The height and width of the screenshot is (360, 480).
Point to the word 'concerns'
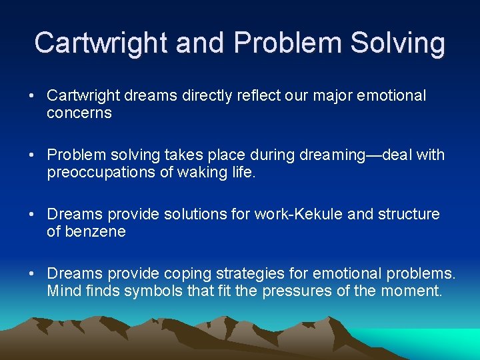(x=79, y=113)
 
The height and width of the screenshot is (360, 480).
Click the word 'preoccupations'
(x=97, y=173)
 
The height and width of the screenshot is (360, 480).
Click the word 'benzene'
(x=94, y=232)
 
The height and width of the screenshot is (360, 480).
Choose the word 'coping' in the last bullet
(x=180, y=273)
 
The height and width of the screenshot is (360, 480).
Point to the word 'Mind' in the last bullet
(x=62, y=291)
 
